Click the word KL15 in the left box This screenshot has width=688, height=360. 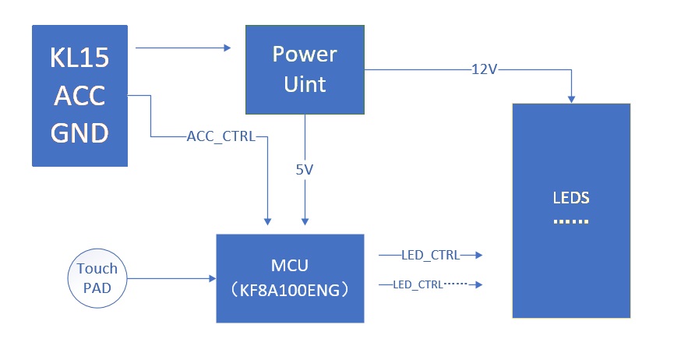pos(79,58)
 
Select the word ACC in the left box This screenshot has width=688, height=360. pos(79,97)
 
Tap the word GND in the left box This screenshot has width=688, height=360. pos(79,134)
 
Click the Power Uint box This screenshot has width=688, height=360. pos(305,69)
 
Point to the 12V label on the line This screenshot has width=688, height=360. pos(484,69)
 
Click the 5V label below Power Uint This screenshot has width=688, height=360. pos(305,169)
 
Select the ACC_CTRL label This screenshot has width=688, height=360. pos(221,137)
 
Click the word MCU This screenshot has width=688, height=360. pos(290,266)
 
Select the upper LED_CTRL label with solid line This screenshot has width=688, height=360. pos(429,255)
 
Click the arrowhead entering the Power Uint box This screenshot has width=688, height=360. pos(228,48)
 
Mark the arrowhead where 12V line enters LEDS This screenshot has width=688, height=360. pos(572,99)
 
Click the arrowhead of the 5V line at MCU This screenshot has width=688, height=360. pos(305,221)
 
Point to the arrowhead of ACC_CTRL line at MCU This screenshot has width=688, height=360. pos(268,221)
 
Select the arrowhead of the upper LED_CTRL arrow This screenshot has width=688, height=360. pos(479,255)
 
